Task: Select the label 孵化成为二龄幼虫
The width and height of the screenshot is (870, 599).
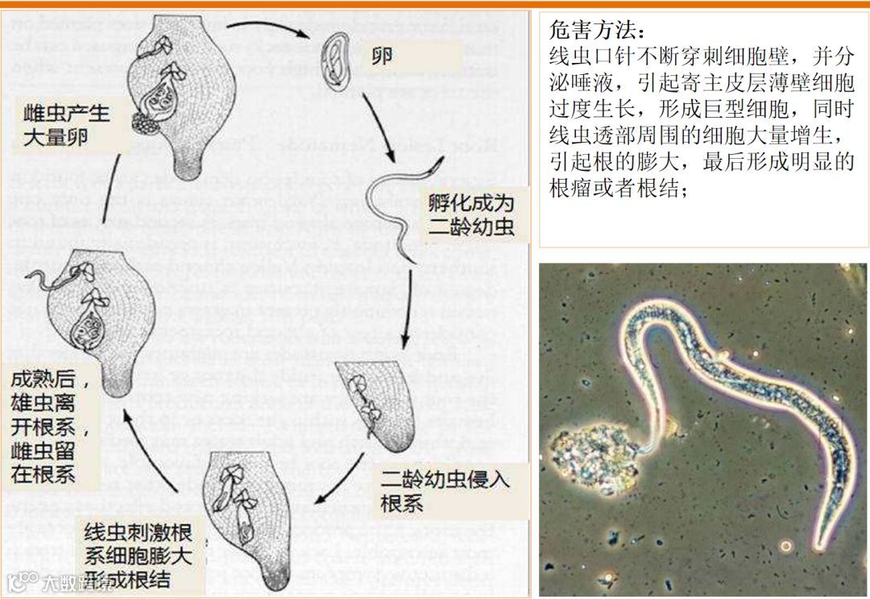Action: tap(470, 213)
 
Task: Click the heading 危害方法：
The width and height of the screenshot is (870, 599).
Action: tap(597, 31)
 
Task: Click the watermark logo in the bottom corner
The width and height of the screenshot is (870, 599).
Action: tap(24, 582)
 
